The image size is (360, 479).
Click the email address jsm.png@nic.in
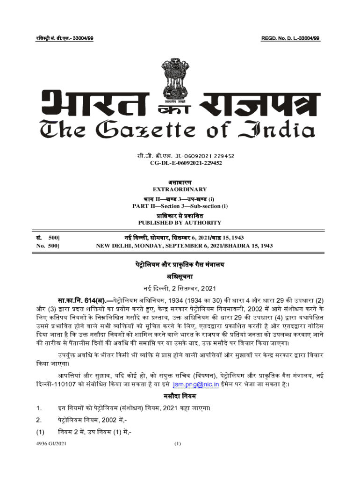click(196, 385)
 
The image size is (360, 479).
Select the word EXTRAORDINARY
click(180, 189)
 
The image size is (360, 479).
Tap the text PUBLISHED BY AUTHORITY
click(180, 223)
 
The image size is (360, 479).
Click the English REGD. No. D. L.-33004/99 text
click(290, 37)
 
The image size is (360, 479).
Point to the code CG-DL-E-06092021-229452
click(180, 163)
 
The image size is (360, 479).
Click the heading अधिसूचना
click(180, 276)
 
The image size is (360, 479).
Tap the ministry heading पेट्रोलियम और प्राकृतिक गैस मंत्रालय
click(180, 265)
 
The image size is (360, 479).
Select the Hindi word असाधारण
click(180, 182)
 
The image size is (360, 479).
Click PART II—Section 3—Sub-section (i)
click(180, 206)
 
